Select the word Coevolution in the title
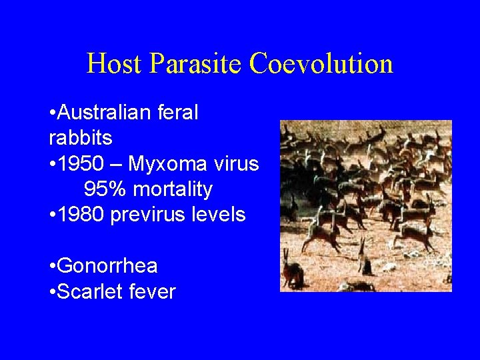tap(321, 64)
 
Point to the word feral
tap(178, 113)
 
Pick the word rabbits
tap(81, 138)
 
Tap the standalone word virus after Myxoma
tap(235, 163)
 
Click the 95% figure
tap(106, 189)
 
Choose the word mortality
tap(173, 190)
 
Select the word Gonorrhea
tap(108, 266)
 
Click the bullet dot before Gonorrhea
tap(52, 267)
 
